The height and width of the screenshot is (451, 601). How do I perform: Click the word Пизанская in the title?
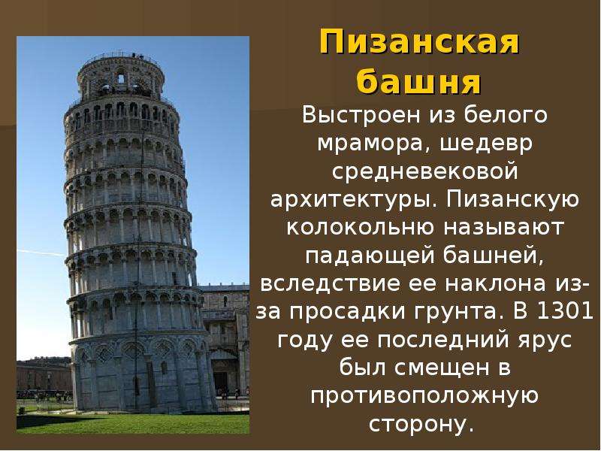419,42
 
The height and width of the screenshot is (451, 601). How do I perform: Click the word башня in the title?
418,81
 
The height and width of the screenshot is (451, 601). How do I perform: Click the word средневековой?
425,171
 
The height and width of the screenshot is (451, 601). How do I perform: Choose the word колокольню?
361,228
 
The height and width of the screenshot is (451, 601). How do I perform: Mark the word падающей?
370,256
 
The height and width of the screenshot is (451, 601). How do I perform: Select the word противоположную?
424,397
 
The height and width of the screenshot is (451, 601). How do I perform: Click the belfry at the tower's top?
121,77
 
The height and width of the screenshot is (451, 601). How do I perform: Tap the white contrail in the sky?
41,253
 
